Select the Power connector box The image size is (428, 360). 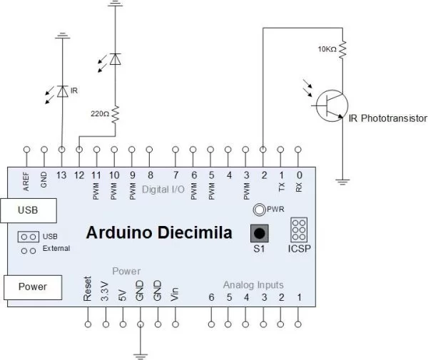(x=32, y=287)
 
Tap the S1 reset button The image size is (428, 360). (x=260, y=233)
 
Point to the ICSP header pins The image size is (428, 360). (x=299, y=230)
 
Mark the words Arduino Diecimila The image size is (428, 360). (x=158, y=233)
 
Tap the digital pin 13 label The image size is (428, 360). (x=62, y=175)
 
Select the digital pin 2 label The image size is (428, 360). (x=264, y=175)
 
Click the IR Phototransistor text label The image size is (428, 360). (x=387, y=118)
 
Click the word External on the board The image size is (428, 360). (x=56, y=249)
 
